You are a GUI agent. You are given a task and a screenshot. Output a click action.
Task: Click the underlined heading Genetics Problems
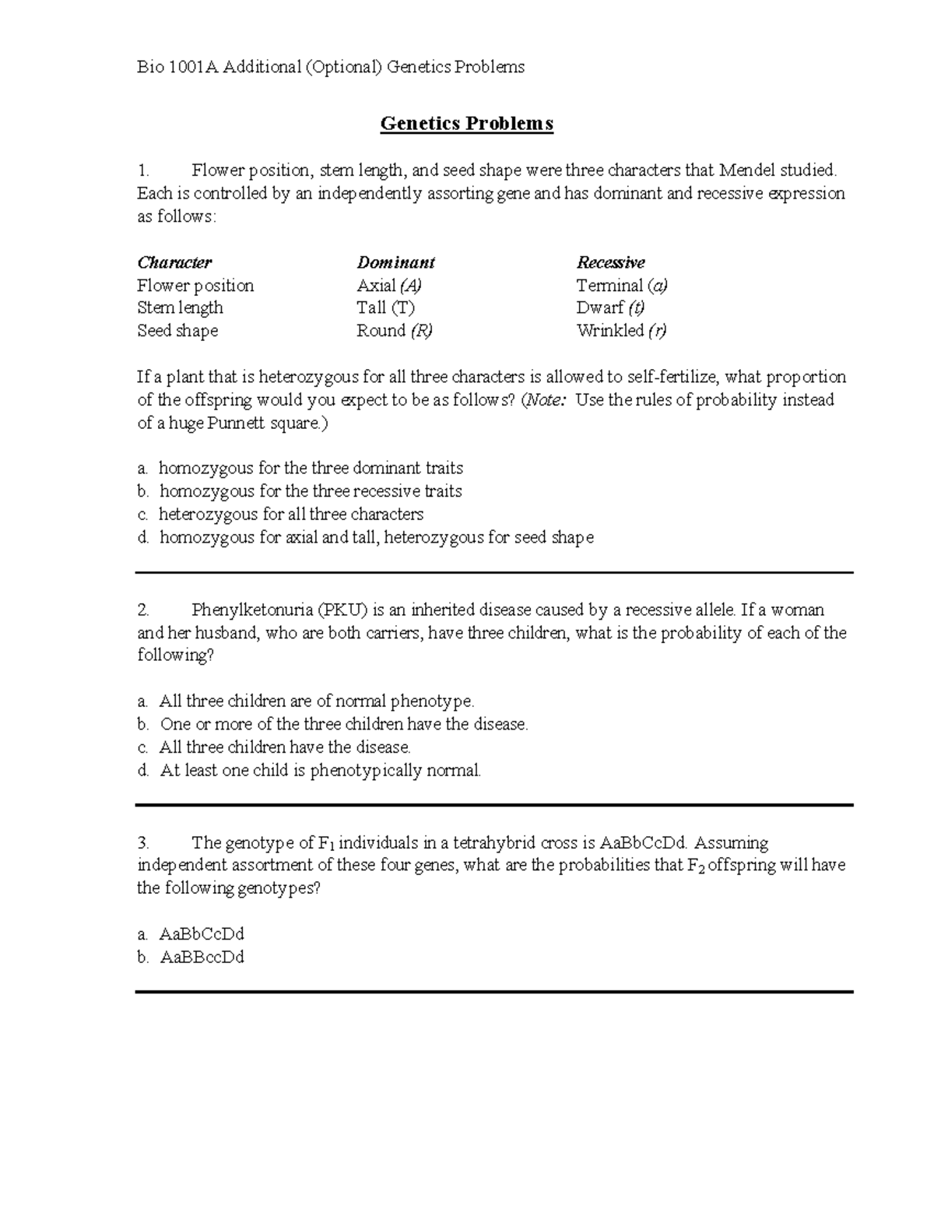(x=466, y=124)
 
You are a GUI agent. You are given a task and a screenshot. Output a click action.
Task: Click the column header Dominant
(x=395, y=262)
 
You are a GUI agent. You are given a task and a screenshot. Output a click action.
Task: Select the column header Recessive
(x=610, y=262)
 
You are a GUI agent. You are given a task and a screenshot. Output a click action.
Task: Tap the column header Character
(x=174, y=262)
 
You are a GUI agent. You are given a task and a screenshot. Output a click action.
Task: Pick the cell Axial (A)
(x=389, y=286)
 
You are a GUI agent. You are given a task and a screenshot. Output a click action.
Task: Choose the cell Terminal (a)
(x=622, y=286)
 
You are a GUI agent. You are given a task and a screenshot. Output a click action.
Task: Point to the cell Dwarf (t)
(x=610, y=308)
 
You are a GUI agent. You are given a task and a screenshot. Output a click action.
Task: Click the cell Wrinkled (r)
(x=621, y=331)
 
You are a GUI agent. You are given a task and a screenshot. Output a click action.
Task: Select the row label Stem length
(x=180, y=308)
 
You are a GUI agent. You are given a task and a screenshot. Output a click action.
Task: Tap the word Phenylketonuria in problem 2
(x=252, y=610)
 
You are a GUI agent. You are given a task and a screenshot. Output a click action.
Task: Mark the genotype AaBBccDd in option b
(x=202, y=958)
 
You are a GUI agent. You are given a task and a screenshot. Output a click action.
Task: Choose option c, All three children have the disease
(x=284, y=747)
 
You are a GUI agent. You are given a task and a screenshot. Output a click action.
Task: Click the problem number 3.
(x=142, y=843)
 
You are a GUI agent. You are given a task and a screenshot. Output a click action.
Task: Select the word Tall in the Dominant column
(x=372, y=308)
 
